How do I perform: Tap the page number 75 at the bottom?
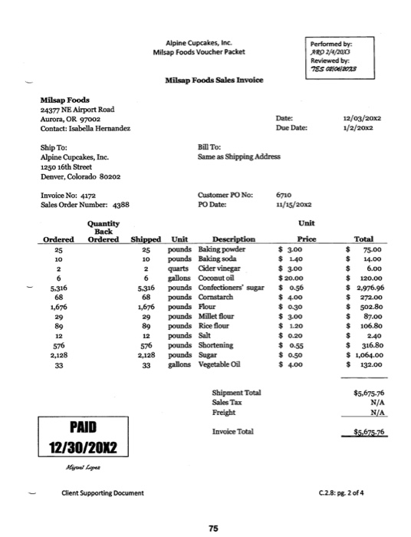205,526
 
